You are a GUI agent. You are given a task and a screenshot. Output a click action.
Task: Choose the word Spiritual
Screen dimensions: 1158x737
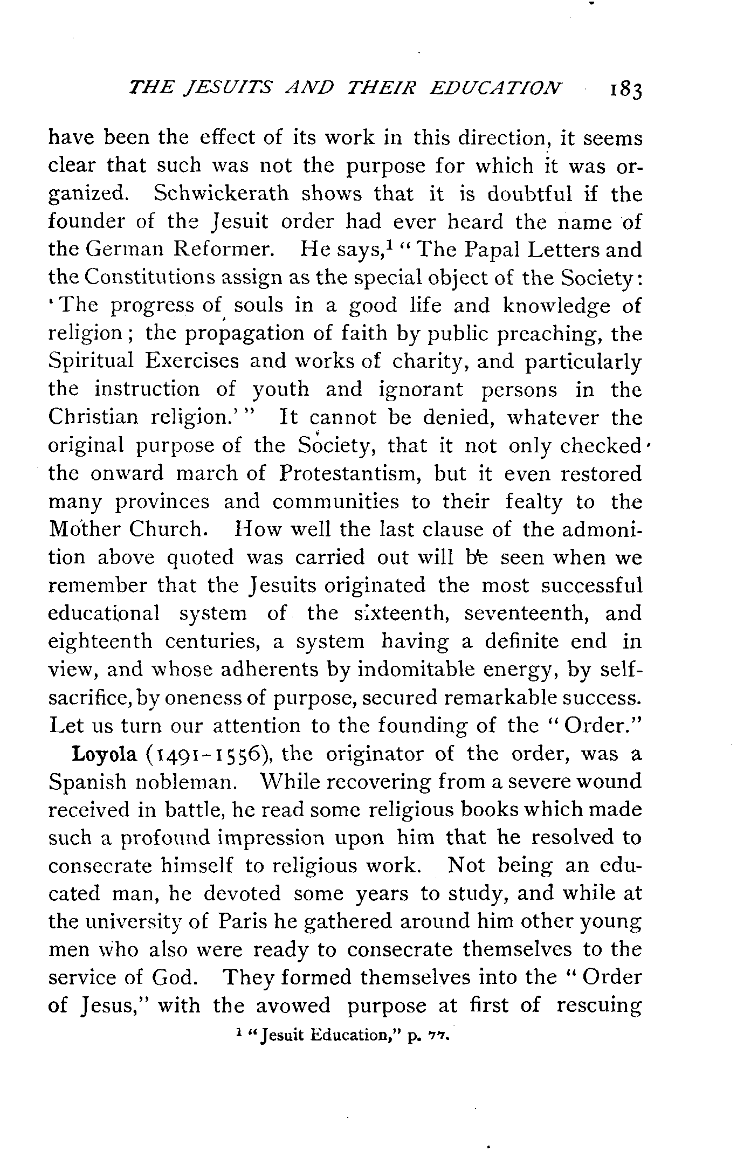(91, 361)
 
